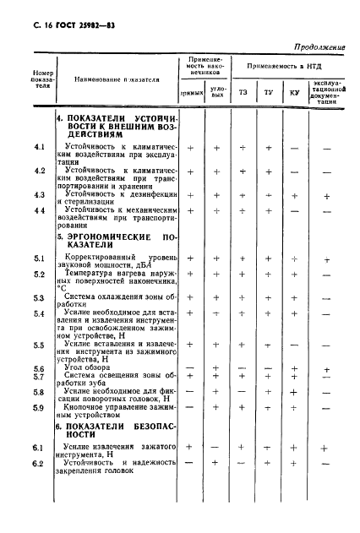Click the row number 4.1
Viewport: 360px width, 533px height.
pos(39,147)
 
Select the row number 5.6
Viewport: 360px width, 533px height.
pos(39,369)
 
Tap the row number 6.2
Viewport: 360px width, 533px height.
pos(38,462)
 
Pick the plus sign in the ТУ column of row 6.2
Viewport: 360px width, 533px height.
pos(269,462)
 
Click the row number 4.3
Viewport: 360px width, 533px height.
pos(39,195)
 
